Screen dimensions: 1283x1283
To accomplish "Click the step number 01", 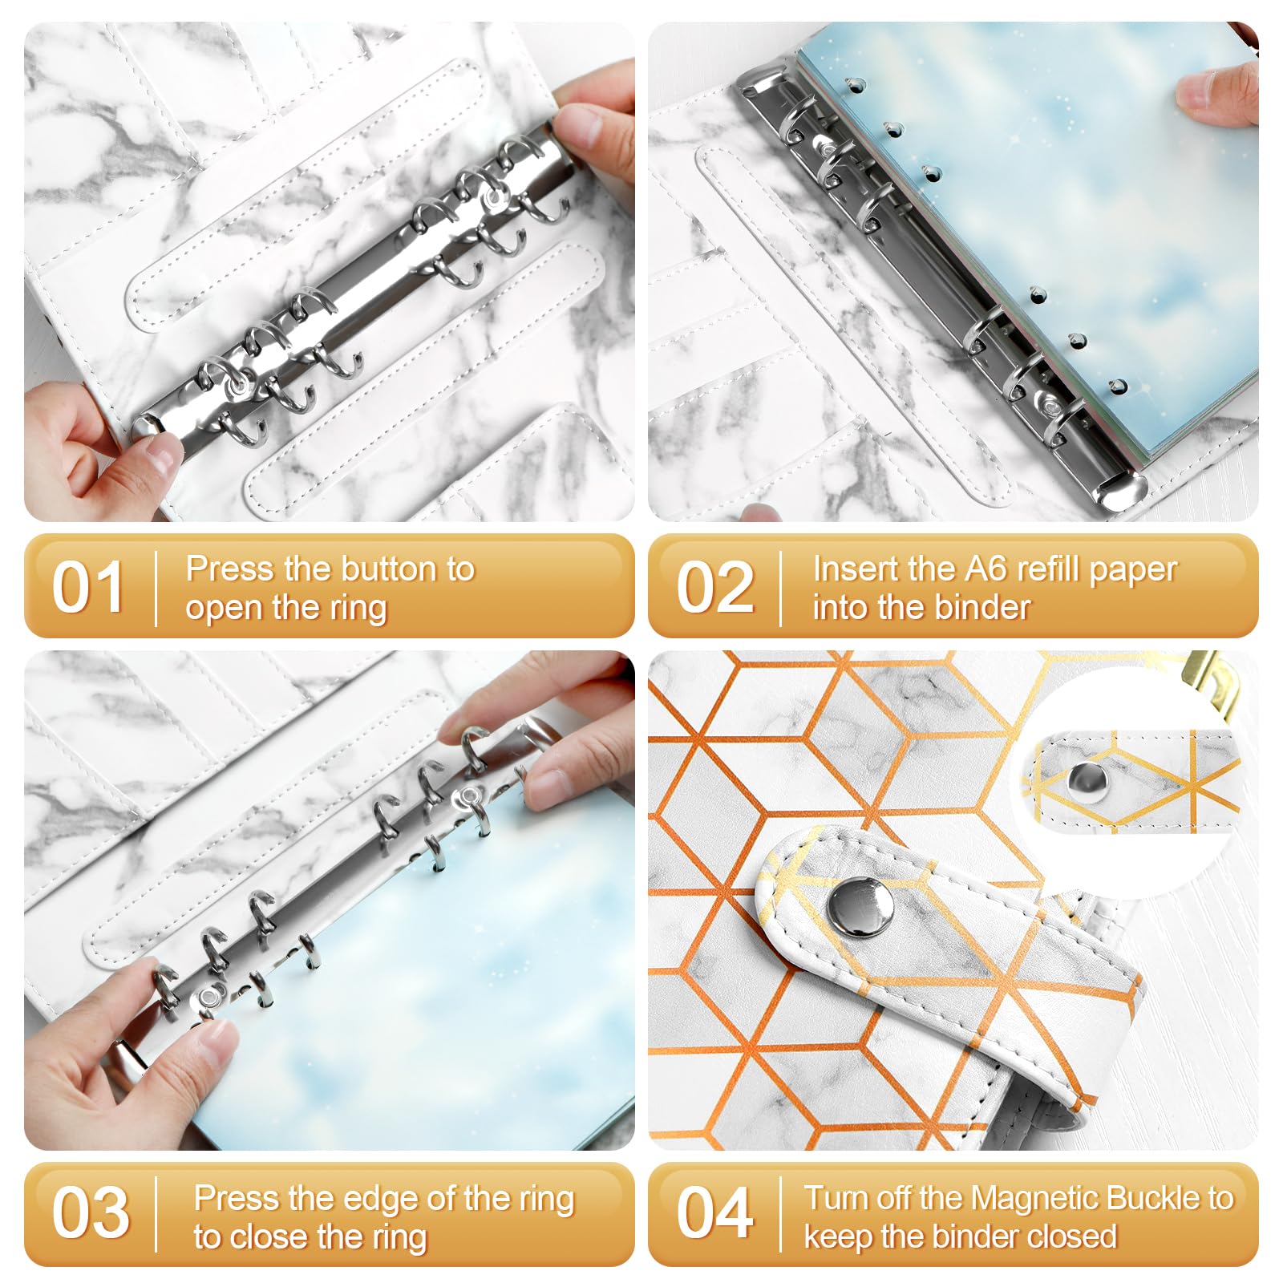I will (x=88, y=588).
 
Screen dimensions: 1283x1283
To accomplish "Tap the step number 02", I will (x=714, y=588).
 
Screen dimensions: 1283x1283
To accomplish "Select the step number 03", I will (x=91, y=1213).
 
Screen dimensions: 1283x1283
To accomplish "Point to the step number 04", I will (x=714, y=1213).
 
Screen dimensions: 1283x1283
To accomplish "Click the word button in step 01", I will (x=381, y=569).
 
